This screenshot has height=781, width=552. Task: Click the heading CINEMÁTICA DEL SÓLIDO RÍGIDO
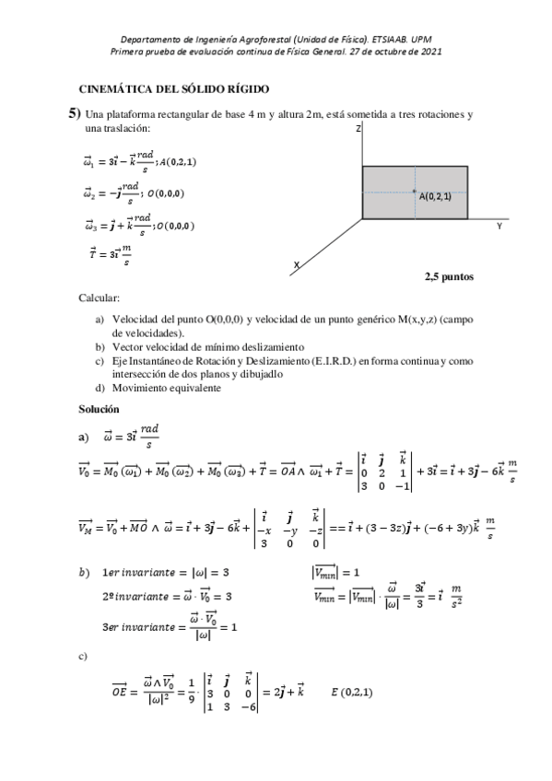coord(174,89)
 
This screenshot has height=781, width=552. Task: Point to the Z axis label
coord(357,130)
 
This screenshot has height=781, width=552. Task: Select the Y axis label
coord(499,225)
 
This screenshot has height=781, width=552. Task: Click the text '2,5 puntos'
coord(449,274)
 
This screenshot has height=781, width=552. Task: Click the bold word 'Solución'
coord(100,408)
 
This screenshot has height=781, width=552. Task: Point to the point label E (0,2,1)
coord(351,690)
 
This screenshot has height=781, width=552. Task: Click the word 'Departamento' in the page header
coord(152,40)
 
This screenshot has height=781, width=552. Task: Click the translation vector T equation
coord(109,253)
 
